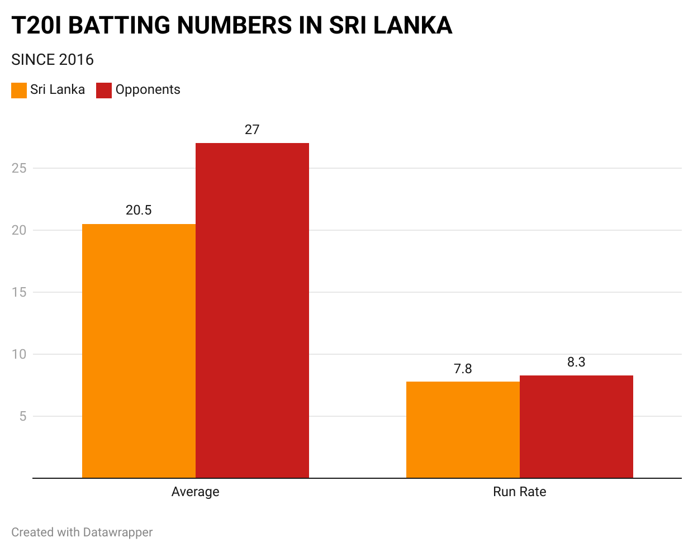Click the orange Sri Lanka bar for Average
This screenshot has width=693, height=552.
139,351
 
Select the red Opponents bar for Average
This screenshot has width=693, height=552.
252,311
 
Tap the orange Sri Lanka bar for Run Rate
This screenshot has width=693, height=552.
463,430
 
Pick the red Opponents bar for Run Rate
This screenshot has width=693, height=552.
576,427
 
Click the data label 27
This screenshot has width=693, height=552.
252,130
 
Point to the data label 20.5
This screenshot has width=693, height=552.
139,210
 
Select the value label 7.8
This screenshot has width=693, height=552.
463,369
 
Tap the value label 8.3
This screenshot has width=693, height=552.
576,362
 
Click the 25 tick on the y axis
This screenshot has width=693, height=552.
19,168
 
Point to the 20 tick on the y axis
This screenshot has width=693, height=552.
19,230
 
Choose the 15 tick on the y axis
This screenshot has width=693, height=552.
19,292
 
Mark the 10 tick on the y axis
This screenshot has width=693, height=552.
19,354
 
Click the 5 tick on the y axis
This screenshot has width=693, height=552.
22,416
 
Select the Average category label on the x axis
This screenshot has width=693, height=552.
195,492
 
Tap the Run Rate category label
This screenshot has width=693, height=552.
519,492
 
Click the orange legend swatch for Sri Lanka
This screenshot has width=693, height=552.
19,91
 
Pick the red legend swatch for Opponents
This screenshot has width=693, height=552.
104,91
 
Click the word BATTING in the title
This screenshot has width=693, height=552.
119,26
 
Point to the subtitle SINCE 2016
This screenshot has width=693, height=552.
53,60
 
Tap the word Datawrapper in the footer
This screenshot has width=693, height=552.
117,532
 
